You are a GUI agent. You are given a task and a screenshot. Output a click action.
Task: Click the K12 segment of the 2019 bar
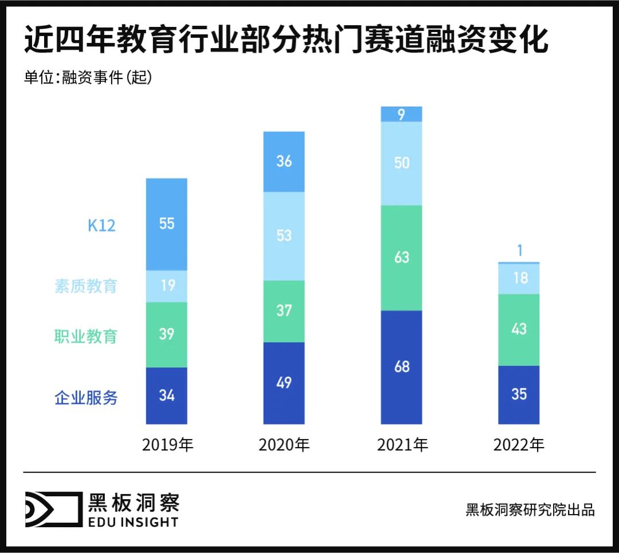coord(166,224)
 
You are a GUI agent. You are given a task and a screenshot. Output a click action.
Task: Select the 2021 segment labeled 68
coord(401,367)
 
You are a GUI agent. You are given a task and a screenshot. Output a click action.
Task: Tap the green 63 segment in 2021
coord(401,257)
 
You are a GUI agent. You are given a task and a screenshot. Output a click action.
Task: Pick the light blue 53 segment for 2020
coord(284,236)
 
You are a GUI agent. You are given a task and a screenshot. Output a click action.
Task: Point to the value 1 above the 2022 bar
coord(519,250)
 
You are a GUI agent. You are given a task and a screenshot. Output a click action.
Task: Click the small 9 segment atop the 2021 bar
coord(401,114)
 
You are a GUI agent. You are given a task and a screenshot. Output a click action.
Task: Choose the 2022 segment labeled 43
coord(519,330)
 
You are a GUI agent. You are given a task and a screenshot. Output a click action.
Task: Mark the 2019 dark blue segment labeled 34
coord(166,395)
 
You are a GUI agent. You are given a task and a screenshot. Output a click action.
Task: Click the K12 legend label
coord(101,225)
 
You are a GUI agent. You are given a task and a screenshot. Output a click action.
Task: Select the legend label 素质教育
coord(86,286)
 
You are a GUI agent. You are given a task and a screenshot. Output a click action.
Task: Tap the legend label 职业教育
coord(86,336)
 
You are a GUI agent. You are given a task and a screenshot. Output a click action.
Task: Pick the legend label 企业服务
coord(86,398)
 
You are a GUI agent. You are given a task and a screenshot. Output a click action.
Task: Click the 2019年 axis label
coord(167,445)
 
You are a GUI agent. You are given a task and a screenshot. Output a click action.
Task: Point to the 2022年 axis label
coord(519,445)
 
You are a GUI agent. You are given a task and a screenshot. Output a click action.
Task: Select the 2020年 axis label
coord(284,445)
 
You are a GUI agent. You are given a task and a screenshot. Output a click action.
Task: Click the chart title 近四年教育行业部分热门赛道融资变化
coord(286,42)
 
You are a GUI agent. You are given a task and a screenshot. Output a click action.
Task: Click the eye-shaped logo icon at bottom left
coord(53,509)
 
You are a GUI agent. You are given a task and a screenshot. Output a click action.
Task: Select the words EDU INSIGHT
coord(133,522)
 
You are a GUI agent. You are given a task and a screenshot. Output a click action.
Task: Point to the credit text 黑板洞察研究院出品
coord(530,510)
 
